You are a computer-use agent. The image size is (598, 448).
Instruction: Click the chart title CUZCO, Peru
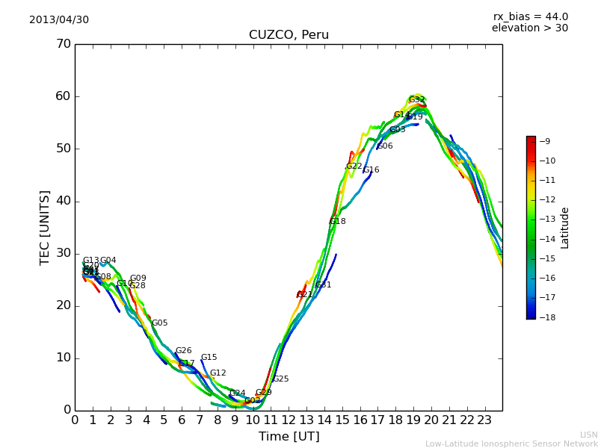click(x=289, y=35)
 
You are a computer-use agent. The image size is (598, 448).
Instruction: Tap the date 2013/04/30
click(x=59, y=19)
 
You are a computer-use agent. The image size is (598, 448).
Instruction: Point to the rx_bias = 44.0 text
click(x=530, y=16)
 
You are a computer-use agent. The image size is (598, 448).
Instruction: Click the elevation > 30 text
click(x=529, y=28)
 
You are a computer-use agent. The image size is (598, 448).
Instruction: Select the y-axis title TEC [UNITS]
click(x=45, y=227)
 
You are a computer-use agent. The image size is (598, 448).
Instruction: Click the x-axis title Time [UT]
click(x=289, y=437)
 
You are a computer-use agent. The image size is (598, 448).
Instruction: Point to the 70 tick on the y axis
click(x=63, y=44)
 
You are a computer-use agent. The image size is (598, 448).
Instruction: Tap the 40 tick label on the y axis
click(x=63, y=201)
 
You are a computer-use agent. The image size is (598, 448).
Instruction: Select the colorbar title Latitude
click(x=564, y=228)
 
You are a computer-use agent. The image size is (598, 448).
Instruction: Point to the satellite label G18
click(x=337, y=222)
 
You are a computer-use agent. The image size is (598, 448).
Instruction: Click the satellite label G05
click(x=160, y=323)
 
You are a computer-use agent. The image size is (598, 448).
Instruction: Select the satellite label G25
click(x=280, y=379)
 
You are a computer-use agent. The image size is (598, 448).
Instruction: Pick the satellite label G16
click(x=371, y=170)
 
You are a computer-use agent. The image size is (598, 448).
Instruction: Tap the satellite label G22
click(x=354, y=167)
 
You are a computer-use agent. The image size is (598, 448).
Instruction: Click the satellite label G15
click(x=209, y=358)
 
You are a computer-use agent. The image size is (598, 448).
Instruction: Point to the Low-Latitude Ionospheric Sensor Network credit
click(x=511, y=444)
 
